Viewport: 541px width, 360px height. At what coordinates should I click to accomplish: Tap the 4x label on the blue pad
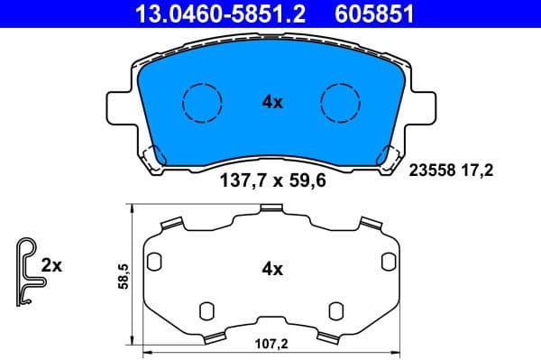(272, 103)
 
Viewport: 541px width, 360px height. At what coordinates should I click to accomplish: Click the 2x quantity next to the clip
(52, 265)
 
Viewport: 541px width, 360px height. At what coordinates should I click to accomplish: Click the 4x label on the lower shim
(272, 269)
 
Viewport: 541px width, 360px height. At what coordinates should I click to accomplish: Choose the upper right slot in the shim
(388, 263)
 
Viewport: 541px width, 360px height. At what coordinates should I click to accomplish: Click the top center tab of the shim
(271, 210)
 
